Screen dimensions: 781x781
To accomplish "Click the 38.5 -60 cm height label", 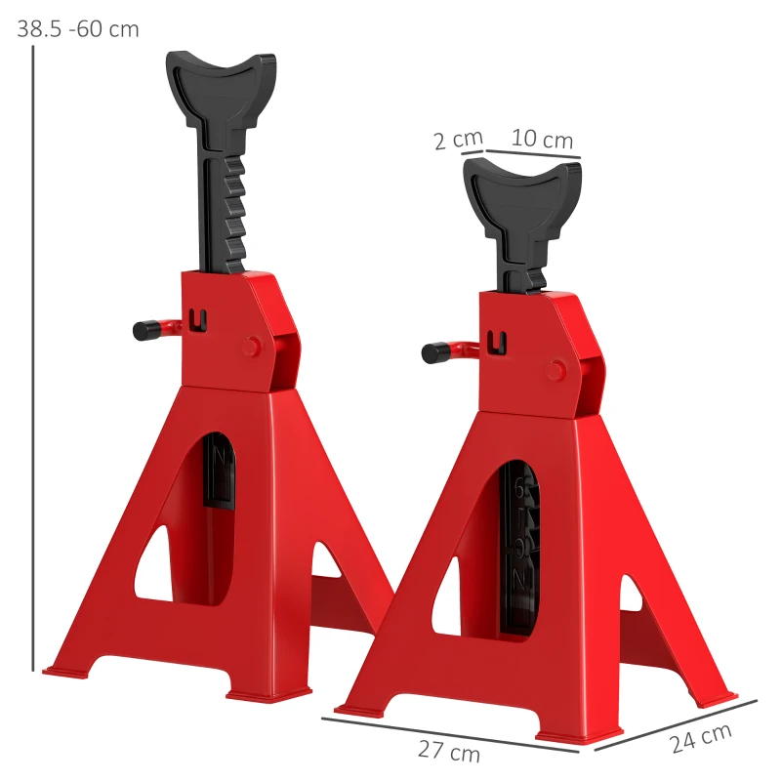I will [x=78, y=28].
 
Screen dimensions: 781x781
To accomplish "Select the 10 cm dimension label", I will [x=542, y=140].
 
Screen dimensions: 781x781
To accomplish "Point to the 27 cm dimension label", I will [x=449, y=753].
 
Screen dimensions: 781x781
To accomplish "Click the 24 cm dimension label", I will [x=700, y=739].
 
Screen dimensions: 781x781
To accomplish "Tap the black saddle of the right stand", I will [x=522, y=191].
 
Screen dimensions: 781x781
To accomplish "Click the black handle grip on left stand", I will [x=147, y=330].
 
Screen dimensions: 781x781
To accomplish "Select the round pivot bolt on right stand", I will [x=555, y=370].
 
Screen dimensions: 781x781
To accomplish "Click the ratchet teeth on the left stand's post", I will [x=233, y=210].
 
